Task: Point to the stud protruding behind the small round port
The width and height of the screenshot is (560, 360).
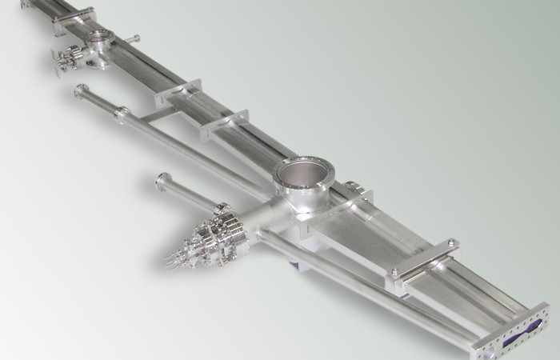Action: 133,38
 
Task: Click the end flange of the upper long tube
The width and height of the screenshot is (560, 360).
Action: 80,91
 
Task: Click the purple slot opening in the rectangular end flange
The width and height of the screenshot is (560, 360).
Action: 524,330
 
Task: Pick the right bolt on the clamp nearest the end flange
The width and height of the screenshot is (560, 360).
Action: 453,243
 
